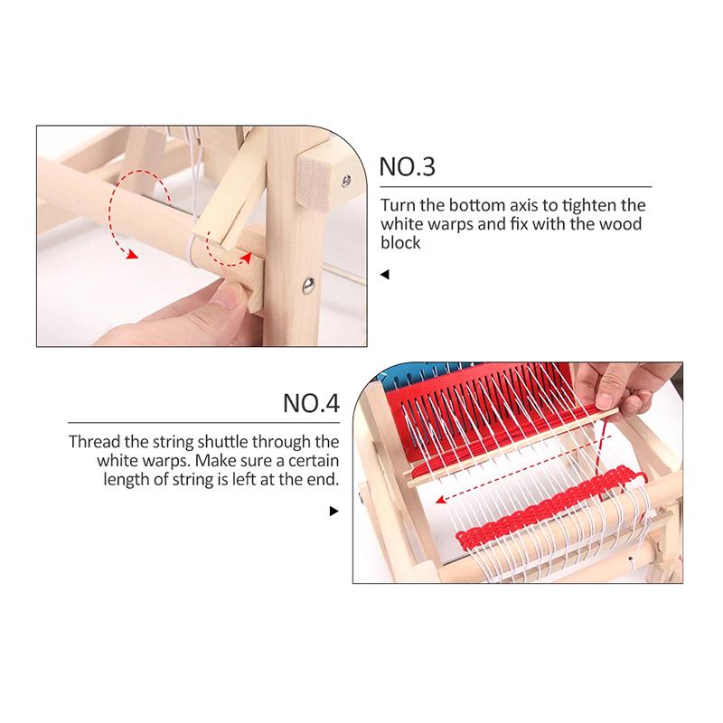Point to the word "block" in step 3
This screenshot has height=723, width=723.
400,244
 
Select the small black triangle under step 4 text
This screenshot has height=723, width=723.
334,512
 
